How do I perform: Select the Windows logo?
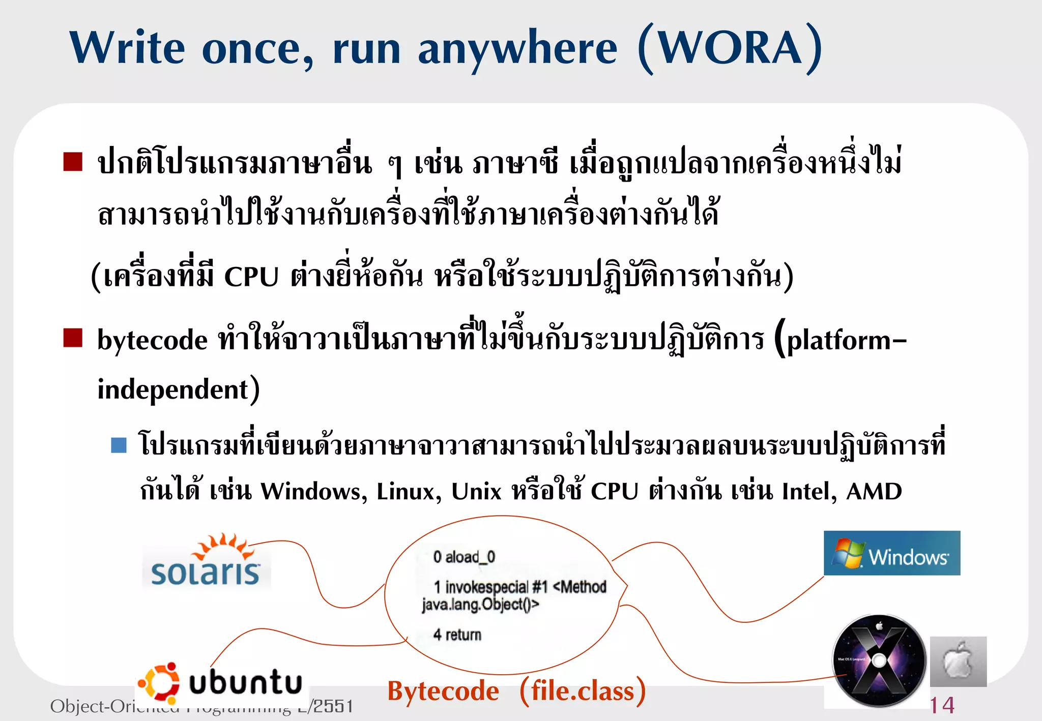click(x=892, y=553)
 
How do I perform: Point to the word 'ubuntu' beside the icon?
click(x=246, y=682)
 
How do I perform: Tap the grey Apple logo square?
click(x=958, y=662)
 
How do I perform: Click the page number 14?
click(x=942, y=705)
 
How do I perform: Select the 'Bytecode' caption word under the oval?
click(x=443, y=692)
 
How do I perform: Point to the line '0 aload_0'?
click(x=464, y=557)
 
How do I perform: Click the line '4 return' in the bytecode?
click(x=457, y=635)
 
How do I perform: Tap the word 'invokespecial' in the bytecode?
click(x=487, y=587)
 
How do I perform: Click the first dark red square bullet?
click(x=73, y=162)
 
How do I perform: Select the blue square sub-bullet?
click(x=119, y=445)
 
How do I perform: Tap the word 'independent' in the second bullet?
click(x=173, y=390)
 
